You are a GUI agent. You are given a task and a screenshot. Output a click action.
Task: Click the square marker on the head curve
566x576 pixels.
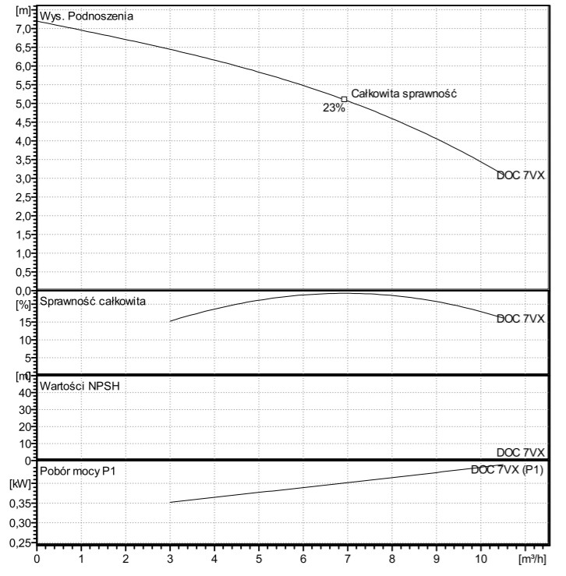[344, 99]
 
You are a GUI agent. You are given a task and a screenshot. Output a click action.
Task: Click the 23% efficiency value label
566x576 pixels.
[334, 109]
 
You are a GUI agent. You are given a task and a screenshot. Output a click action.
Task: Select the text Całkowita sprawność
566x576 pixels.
[403, 93]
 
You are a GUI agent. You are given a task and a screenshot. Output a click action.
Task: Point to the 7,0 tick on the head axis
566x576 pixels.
[22, 28]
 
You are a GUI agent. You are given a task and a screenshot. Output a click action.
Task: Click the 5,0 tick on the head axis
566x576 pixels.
[22, 103]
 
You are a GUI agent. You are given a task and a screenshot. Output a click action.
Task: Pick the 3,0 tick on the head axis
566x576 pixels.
[22, 178]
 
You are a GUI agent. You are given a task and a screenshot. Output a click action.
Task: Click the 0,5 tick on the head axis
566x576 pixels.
[22, 272]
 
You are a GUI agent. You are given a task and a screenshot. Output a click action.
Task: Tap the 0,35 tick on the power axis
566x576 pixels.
[20, 504]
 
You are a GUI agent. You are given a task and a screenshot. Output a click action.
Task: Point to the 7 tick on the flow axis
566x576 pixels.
[348, 559]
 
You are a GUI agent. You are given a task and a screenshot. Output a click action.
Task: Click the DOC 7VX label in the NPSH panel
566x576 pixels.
[520, 453]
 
